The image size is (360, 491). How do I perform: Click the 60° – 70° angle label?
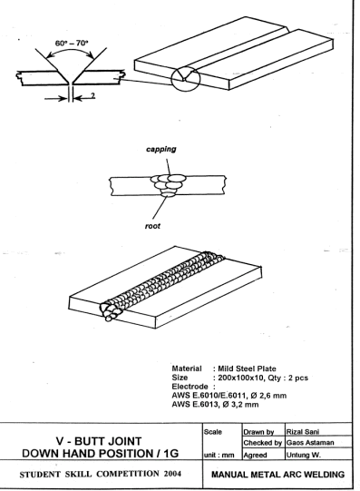click(x=72, y=43)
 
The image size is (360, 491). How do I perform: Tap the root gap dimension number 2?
click(x=92, y=95)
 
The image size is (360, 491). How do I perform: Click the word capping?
click(x=161, y=150)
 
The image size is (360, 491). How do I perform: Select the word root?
click(x=152, y=226)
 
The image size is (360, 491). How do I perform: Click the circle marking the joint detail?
click(x=171, y=79)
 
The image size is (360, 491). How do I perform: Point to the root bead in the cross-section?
click(x=168, y=194)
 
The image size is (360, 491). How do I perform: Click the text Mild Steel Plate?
click(x=247, y=368)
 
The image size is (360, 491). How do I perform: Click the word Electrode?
click(x=190, y=387)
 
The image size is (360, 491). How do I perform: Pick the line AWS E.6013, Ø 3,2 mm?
click(x=215, y=404)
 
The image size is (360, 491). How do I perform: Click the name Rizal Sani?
click(x=303, y=432)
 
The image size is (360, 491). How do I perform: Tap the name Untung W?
click(x=304, y=455)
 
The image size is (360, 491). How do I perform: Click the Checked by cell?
click(x=263, y=443)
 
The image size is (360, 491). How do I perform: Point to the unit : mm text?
click(x=219, y=455)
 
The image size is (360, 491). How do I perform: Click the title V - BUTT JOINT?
click(x=99, y=441)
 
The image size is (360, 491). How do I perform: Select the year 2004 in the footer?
click(x=172, y=474)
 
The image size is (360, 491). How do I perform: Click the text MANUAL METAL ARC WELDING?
click(x=278, y=475)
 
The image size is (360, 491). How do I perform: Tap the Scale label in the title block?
click(x=213, y=432)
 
